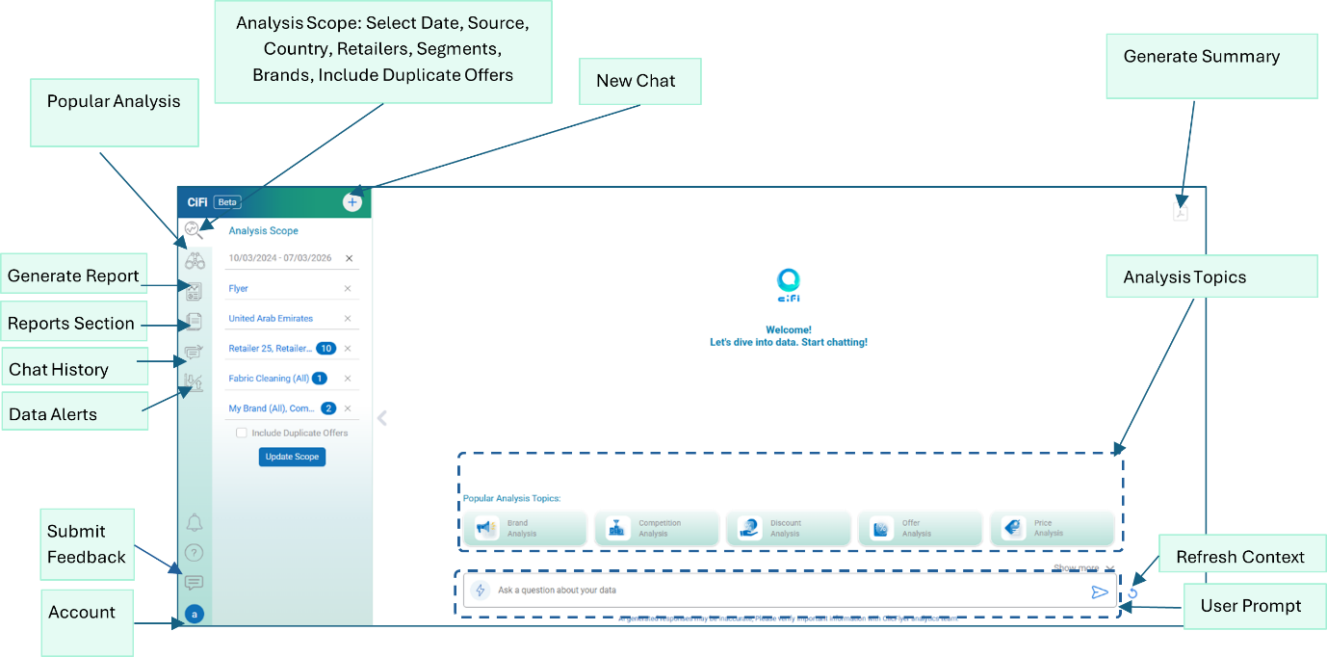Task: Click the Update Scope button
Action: tap(292, 457)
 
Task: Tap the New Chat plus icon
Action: tap(352, 202)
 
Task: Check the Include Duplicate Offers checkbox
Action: tap(242, 434)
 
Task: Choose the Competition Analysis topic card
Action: tap(657, 528)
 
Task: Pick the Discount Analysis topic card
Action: tap(788, 528)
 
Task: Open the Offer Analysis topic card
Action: tap(920, 528)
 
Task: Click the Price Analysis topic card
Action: tap(1052, 528)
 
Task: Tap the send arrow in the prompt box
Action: tap(1099, 591)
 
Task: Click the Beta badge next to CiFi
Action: tap(227, 202)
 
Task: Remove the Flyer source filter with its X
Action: tap(348, 288)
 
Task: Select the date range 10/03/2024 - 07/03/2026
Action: tap(280, 258)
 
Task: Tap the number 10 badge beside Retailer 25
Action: tap(325, 349)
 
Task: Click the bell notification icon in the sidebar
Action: tap(195, 523)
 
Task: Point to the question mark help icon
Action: tap(195, 553)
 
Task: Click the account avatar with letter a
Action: tap(195, 613)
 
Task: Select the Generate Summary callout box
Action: tap(1210, 66)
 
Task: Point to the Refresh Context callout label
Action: tap(1239, 557)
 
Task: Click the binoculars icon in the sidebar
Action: tap(195, 260)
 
